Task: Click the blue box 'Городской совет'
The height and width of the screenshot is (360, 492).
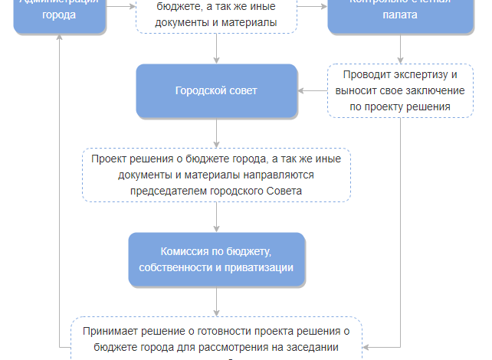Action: tap(216, 91)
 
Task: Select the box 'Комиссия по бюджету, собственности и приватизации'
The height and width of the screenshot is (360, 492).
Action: tap(216, 259)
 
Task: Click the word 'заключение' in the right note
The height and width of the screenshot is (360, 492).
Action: tap(434, 91)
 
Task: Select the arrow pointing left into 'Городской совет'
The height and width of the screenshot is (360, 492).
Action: tap(302, 91)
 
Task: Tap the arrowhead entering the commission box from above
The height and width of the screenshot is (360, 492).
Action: tap(217, 228)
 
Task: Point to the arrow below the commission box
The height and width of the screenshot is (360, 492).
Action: tap(217, 300)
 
